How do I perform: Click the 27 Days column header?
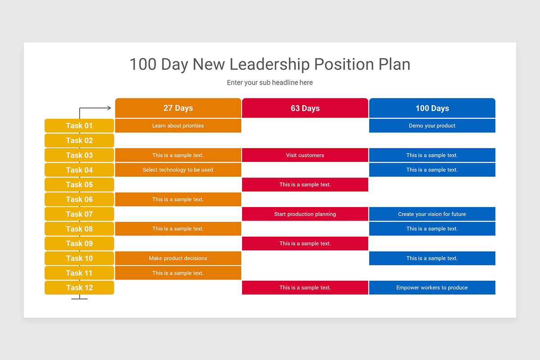pyautogui.click(x=178, y=108)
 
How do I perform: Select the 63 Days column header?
pyautogui.click(x=305, y=108)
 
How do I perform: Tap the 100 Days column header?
pyautogui.click(x=432, y=108)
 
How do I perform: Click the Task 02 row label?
pyautogui.click(x=79, y=140)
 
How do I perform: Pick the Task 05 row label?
pyautogui.click(x=79, y=184)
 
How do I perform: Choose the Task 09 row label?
pyautogui.click(x=79, y=243)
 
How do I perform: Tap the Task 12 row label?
pyautogui.click(x=79, y=288)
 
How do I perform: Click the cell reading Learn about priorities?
pyautogui.click(x=178, y=126)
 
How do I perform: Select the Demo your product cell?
pyautogui.click(x=432, y=126)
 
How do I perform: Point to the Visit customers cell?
pyautogui.click(x=305, y=155)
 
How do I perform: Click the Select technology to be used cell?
pyautogui.click(x=178, y=170)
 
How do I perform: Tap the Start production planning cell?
pyautogui.click(x=305, y=214)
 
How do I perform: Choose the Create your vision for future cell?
pyautogui.click(x=432, y=214)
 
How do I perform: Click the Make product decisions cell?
pyautogui.click(x=178, y=258)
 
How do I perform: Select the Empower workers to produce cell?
pyautogui.click(x=432, y=288)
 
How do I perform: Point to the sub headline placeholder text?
pyautogui.click(x=270, y=83)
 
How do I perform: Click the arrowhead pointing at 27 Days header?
pyautogui.click(x=109, y=108)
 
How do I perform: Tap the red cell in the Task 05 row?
pyautogui.click(x=305, y=184)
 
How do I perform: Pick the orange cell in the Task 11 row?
pyautogui.click(x=178, y=273)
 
